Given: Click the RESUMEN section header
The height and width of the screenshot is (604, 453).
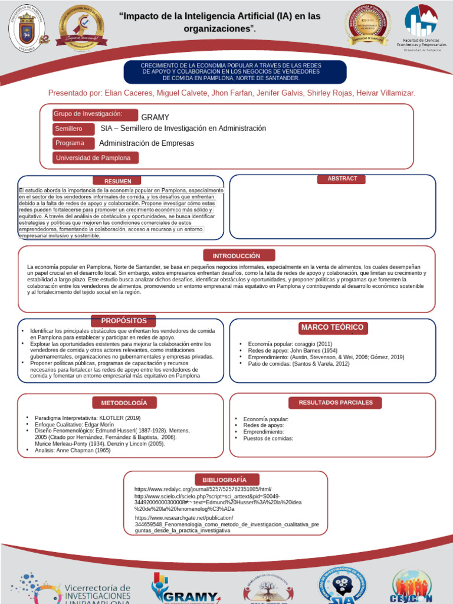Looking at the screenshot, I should tap(118, 181).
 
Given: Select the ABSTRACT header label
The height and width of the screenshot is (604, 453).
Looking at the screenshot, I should tap(342, 179).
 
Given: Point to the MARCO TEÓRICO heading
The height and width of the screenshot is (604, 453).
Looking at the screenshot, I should tap(332, 327).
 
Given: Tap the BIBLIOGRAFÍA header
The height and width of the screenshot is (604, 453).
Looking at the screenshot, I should tap(224, 480).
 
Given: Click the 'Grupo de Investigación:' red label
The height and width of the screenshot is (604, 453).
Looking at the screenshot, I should tap(94, 114).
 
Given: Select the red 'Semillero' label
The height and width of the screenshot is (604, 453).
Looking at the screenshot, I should tap(75, 129).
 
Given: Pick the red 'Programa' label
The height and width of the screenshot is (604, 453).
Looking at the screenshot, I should tap(75, 143).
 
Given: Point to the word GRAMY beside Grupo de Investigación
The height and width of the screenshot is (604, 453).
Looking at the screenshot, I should tap(155, 117).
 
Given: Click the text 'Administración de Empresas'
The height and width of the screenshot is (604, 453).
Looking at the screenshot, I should tap(146, 143).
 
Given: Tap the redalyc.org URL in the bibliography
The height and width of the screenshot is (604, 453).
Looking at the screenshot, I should tap(203, 490).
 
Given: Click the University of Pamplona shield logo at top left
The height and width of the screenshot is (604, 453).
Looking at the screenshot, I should tap(28, 28).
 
